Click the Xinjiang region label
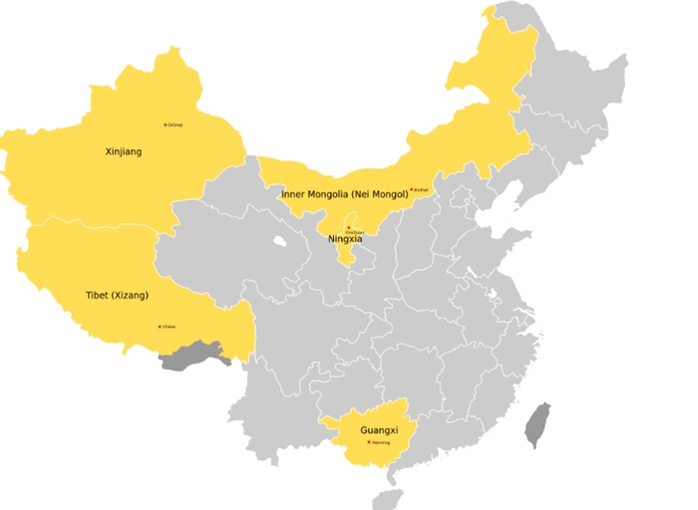(124, 151)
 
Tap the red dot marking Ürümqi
(165, 125)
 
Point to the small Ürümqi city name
(175, 125)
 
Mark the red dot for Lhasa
(159, 326)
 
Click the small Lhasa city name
(169, 326)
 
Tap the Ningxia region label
(345, 239)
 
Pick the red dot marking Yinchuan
(348, 227)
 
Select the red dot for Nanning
(368, 441)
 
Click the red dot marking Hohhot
(411, 189)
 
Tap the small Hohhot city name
(421, 189)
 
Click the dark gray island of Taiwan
(537, 424)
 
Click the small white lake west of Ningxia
(279, 241)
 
